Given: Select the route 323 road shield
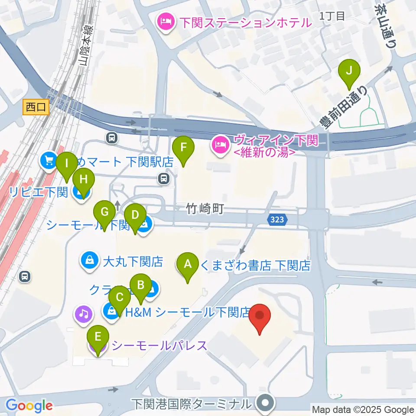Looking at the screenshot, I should [x=277, y=220].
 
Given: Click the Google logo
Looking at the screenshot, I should [x=29, y=406].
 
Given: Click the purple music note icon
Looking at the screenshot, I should [x=84, y=313].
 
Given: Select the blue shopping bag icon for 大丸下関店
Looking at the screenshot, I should [x=89, y=261].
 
